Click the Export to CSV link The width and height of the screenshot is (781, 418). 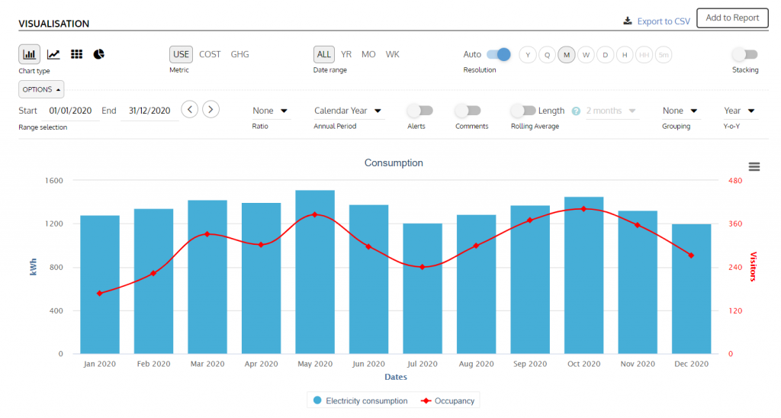coord(657,21)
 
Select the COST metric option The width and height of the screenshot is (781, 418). coord(210,54)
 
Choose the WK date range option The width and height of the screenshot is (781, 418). coord(392,54)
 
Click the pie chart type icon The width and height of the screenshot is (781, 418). coord(98,54)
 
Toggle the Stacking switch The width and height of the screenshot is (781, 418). coord(744,54)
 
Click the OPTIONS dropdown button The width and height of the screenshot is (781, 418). coord(41,89)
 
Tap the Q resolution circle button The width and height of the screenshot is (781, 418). coord(547,55)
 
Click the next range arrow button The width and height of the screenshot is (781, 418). coord(211,109)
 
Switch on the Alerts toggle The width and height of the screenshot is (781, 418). coord(419,111)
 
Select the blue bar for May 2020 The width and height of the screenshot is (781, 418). coord(315,272)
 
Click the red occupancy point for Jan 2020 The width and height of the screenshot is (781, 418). coord(100,293)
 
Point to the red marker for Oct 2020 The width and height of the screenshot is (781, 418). coord(583,208)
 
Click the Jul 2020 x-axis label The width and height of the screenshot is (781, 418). coord(423,364)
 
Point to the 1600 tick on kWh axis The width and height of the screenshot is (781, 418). coord(53,181)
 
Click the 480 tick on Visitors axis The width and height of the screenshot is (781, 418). coord(734,181)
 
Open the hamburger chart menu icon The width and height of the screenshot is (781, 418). coord(754,166)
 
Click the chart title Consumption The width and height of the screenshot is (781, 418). coord(394,162)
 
